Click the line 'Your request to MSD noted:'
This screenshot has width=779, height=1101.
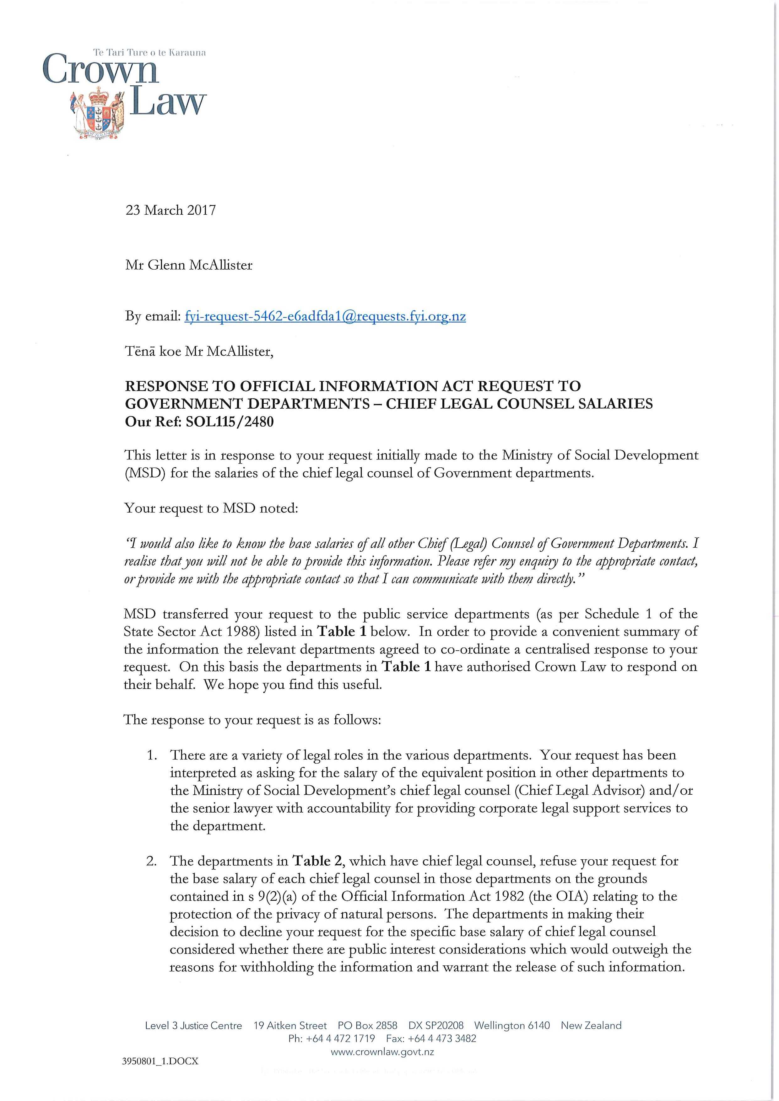211,508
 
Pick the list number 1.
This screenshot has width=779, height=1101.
152,755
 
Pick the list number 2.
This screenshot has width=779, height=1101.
152,861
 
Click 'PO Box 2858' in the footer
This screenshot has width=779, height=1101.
367,1025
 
